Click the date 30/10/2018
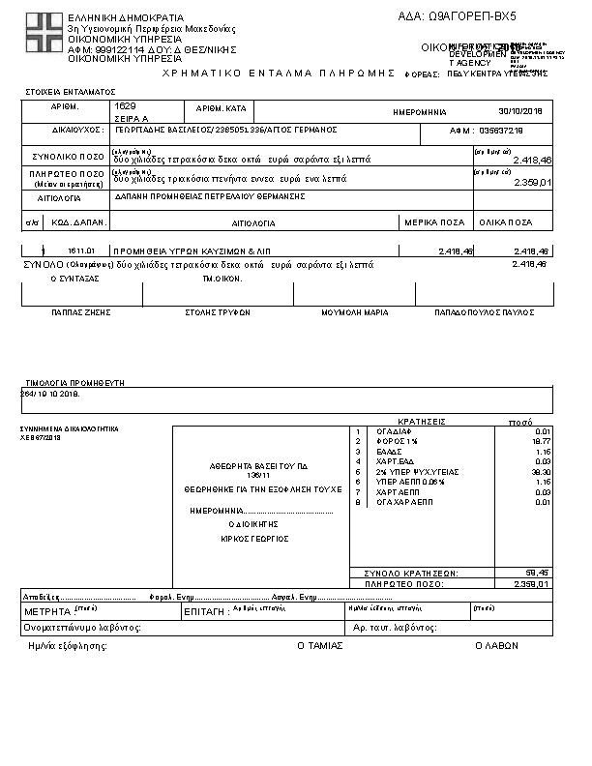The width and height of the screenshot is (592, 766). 522,111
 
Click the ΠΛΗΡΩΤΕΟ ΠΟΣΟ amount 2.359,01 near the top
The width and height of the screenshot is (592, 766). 531,182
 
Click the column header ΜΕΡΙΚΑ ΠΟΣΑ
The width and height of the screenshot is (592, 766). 440,222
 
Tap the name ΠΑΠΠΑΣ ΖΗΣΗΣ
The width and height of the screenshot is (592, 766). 81,312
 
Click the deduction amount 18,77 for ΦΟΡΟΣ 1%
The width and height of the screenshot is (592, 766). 542,441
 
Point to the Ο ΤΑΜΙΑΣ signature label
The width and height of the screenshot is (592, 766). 319,645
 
